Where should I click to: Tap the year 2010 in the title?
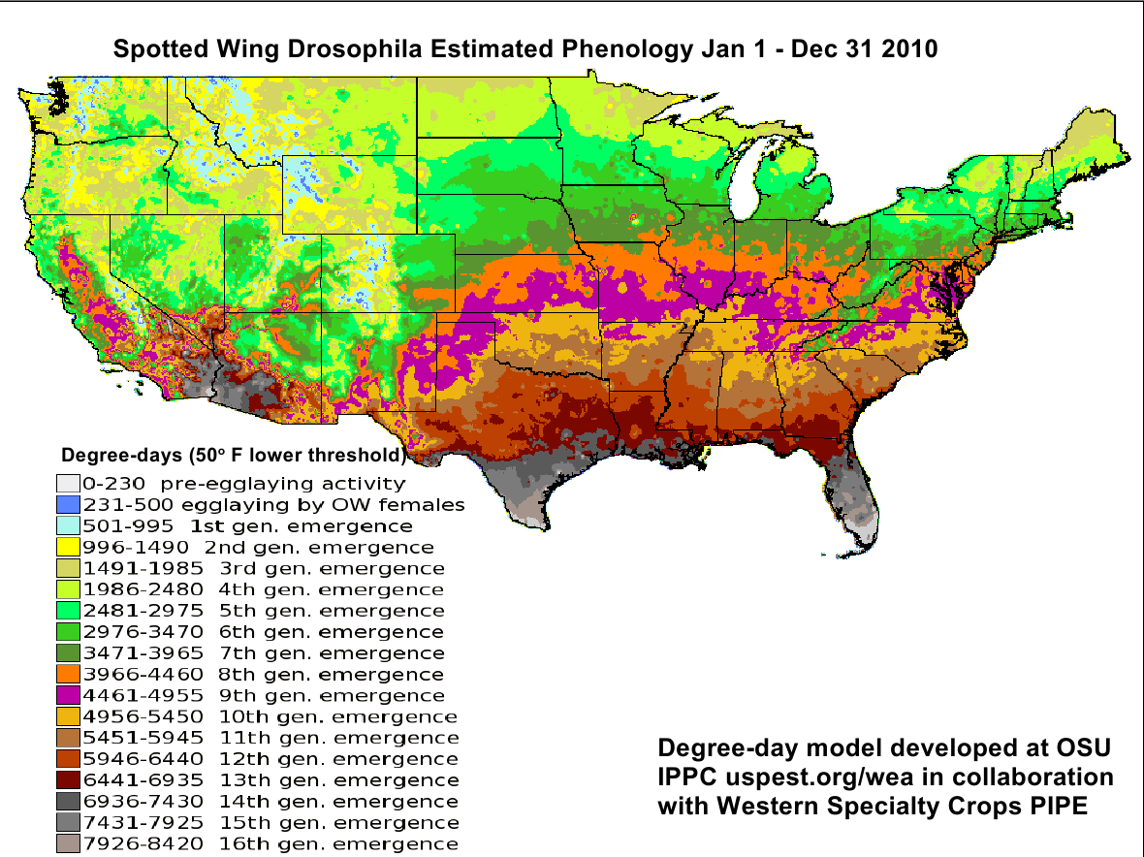coord(909,48)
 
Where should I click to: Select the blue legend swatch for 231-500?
coord(67,504)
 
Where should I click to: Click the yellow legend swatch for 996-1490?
coord(67,547)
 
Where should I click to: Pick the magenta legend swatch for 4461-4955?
coord(67,695)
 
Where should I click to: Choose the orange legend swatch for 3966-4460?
coord(67,674)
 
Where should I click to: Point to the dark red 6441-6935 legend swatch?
coord(67,780)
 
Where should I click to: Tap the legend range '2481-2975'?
coord(143,611)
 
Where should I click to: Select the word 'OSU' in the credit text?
coord(1075,749)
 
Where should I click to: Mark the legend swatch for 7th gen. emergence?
coord(67,652)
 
